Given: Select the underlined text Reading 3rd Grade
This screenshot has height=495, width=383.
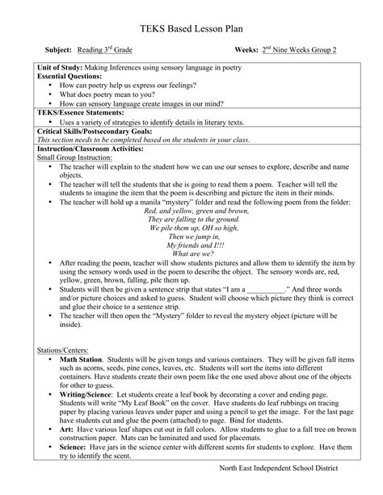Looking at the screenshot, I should pyautogui.click(x=110, y=50).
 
